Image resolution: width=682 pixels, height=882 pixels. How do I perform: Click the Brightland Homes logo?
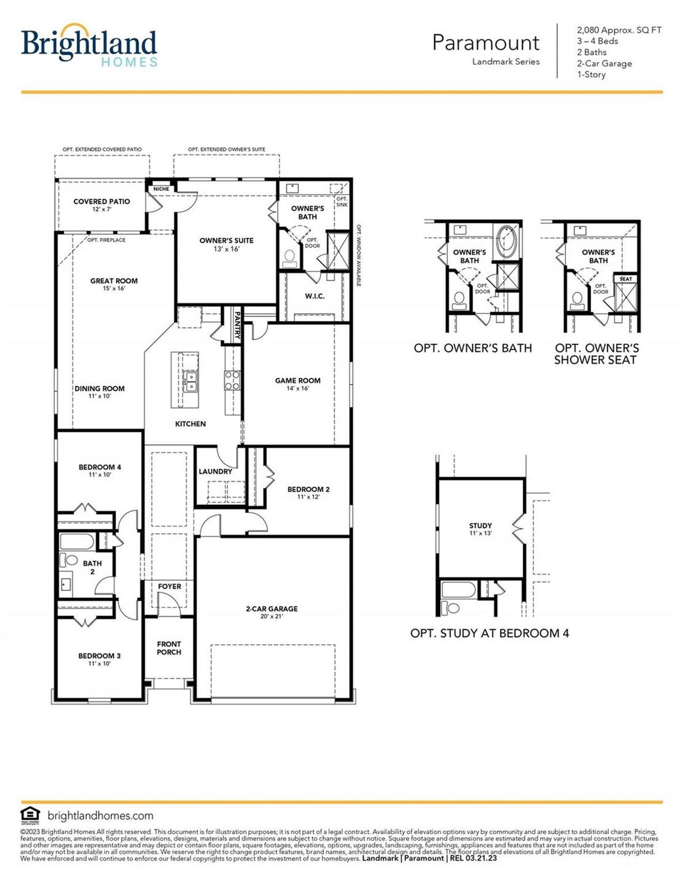tap(89, 47)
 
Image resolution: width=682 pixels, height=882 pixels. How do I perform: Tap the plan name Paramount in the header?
tap(485, 43)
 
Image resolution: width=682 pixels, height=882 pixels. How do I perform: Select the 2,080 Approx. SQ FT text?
tap(619, 30)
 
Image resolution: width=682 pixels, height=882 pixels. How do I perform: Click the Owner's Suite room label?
tap(226, 244)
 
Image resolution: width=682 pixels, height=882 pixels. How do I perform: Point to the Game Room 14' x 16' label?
tap(297, 384)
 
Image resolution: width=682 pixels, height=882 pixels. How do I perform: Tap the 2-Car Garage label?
tap(271, 612)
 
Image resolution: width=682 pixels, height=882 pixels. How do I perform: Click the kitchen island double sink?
tap(190, 381)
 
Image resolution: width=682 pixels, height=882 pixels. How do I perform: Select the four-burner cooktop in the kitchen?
tap(232, 381)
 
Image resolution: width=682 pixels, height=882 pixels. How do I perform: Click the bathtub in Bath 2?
tap(77, 542)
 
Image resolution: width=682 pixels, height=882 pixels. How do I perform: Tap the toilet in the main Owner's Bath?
tap(290, 258)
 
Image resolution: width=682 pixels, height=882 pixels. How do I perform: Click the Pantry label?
tap(237, 325)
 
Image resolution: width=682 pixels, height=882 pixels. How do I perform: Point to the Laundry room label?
tap(215, 471)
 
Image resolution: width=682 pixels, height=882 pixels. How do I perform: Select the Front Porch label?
tap(169, 648)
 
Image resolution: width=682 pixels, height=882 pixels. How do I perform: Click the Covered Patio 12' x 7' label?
tap(101, 205)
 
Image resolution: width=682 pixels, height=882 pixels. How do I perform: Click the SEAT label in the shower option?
tap(626, 279)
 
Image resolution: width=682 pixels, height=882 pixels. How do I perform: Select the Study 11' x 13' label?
tap(480, 528)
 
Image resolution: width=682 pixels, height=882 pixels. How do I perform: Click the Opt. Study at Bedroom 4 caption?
tap(489, 633)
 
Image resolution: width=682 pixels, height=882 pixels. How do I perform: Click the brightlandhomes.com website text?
tap(100, 815)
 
